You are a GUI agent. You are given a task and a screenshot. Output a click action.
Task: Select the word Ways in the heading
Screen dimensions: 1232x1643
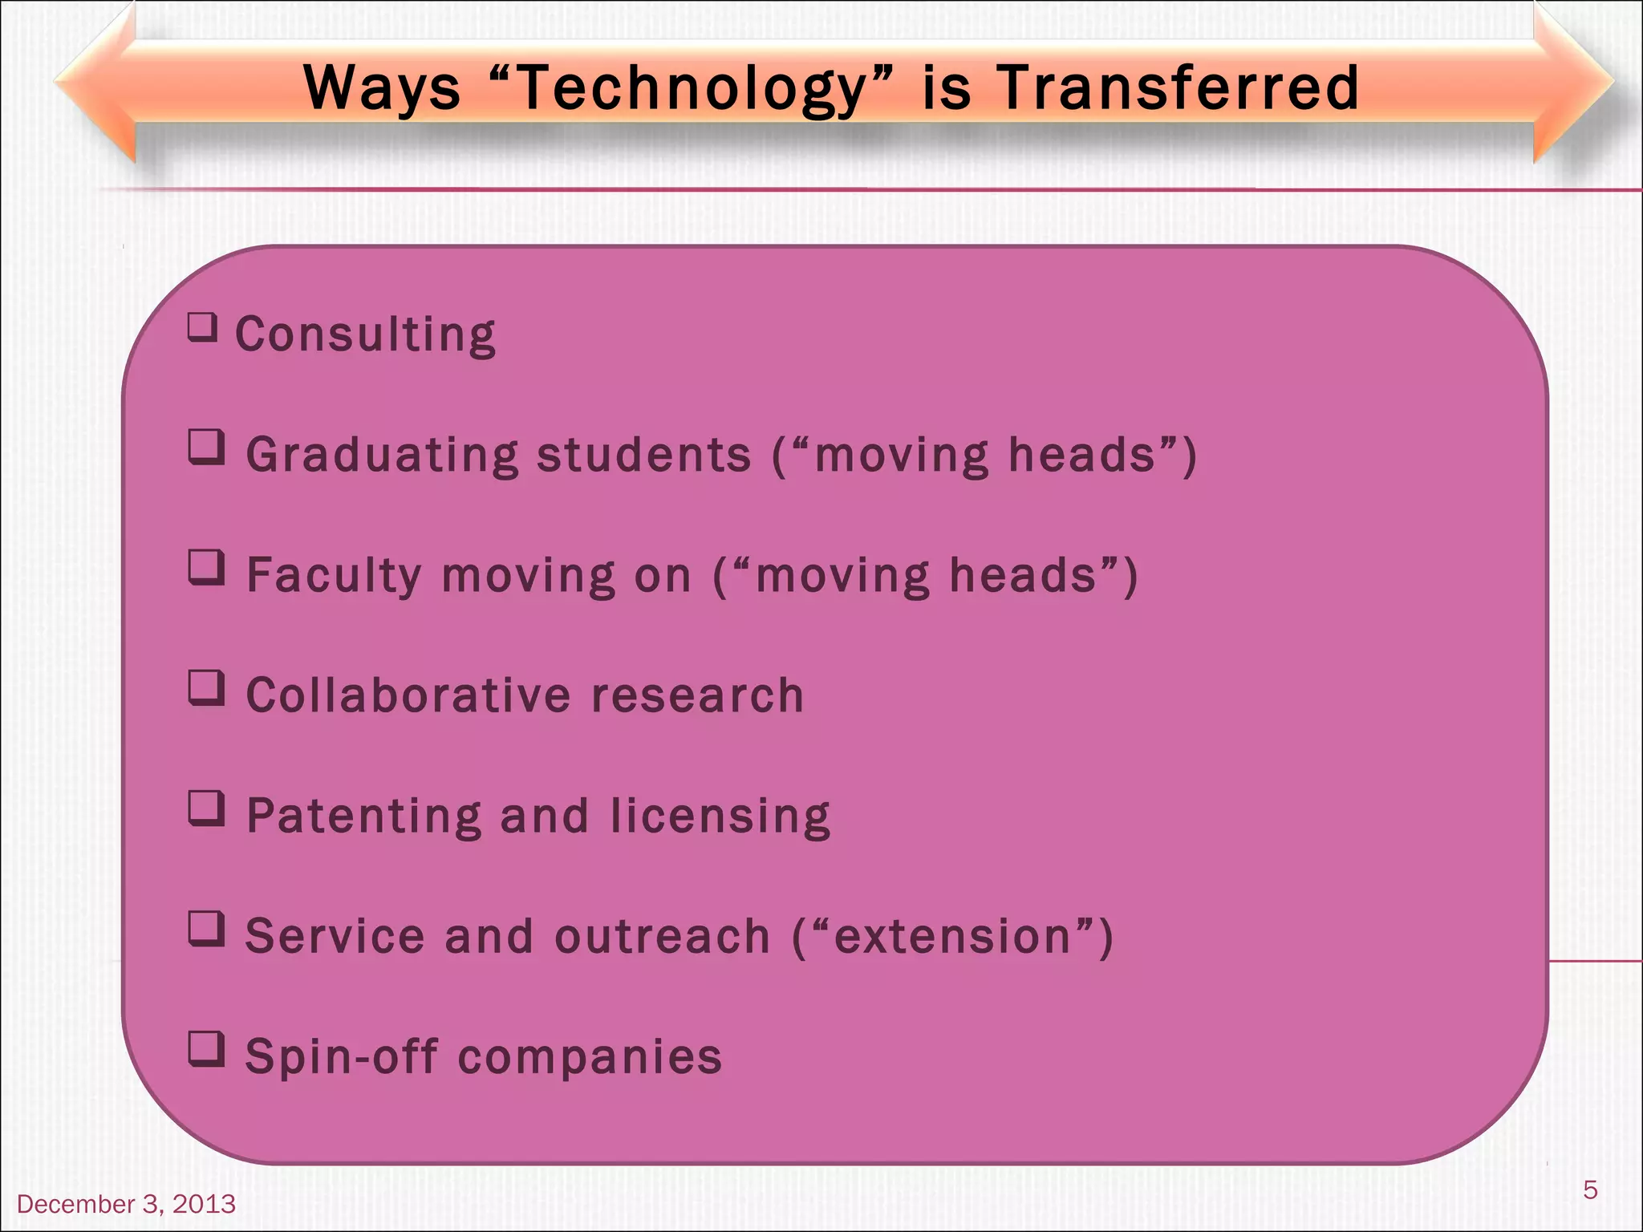[x=382, y=88]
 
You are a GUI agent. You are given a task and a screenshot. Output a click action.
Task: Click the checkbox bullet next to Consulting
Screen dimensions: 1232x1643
[x=203, y=328]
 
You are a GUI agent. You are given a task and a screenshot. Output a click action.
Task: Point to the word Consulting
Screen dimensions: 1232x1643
[x=365, y=334]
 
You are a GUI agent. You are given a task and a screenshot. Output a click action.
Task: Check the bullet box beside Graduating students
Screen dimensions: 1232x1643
[x=206, y=448]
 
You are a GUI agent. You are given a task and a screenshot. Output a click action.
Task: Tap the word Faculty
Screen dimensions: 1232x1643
[x=333, y=576]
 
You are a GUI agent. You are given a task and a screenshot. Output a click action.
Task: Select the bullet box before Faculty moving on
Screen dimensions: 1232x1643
[x=206, y=568]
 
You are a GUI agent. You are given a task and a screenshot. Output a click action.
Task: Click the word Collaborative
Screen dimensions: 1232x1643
[x=408, y=695]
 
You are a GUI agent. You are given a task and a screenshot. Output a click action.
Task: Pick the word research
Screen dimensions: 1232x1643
[x=697, y=695]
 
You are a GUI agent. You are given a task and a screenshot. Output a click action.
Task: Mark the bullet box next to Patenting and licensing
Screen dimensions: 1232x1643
[x=206, y=808]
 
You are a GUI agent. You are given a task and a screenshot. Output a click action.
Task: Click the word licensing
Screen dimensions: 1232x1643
[x=720, y=817]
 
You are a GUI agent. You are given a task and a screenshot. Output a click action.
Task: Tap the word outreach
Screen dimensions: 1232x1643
[x=662, y=936]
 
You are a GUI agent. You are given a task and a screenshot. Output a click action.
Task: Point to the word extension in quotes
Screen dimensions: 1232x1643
[x=953, y=936]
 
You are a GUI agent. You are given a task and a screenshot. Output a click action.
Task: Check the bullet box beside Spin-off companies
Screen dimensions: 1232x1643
[x=206, y=1049]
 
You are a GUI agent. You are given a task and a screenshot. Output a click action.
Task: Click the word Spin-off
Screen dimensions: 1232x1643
[x=341, y=1056]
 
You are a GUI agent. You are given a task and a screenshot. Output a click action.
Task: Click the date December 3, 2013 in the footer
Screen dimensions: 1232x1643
[x=126, y=1204]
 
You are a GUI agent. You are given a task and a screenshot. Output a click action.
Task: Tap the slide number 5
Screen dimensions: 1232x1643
[x=1590, y=1189]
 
